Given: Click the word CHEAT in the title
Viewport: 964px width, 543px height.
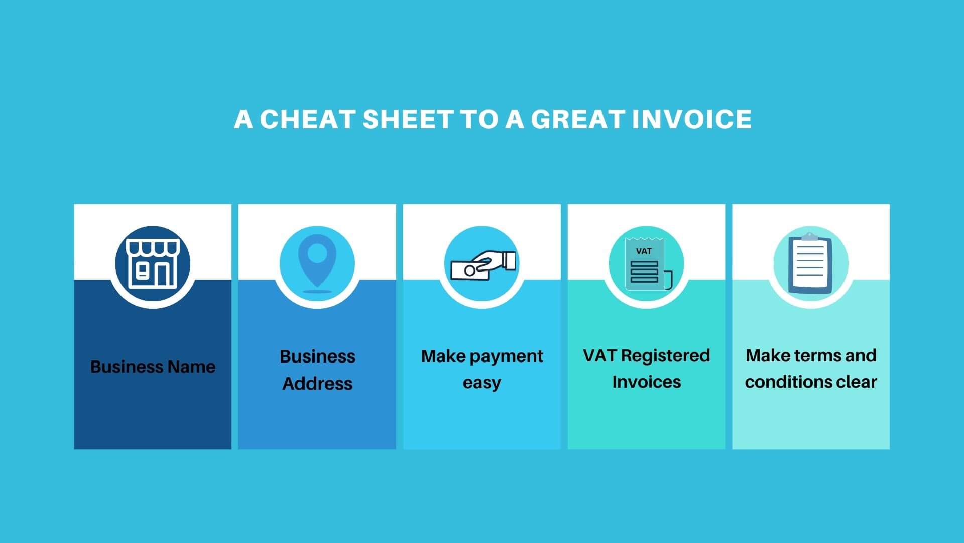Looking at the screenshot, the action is pyautogui.click(x=307, y=120).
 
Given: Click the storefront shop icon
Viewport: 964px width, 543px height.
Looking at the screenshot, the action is pyautogui.click(x=153, y=263).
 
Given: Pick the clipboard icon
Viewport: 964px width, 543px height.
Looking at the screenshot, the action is pyautogui.click(x=810, y=263).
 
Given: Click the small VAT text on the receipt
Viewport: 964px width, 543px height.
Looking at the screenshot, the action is pyautogui.click(x=644, y=251).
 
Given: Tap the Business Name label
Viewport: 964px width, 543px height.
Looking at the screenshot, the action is pyautogui.click(x=153, y=367).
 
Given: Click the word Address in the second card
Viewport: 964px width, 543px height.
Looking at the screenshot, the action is pyautogui.click(x=317, y=384).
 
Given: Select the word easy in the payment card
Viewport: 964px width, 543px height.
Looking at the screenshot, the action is pyautogui.click(x=482, y=383).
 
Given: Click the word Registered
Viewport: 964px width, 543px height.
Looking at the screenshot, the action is pyautogui.click(x=666, y=356).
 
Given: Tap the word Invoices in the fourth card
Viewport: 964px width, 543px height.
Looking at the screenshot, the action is pyautogui.click(x=647, y=382).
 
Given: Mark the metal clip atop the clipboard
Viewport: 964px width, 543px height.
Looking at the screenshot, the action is pyautogui.click(x=809, y=236).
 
